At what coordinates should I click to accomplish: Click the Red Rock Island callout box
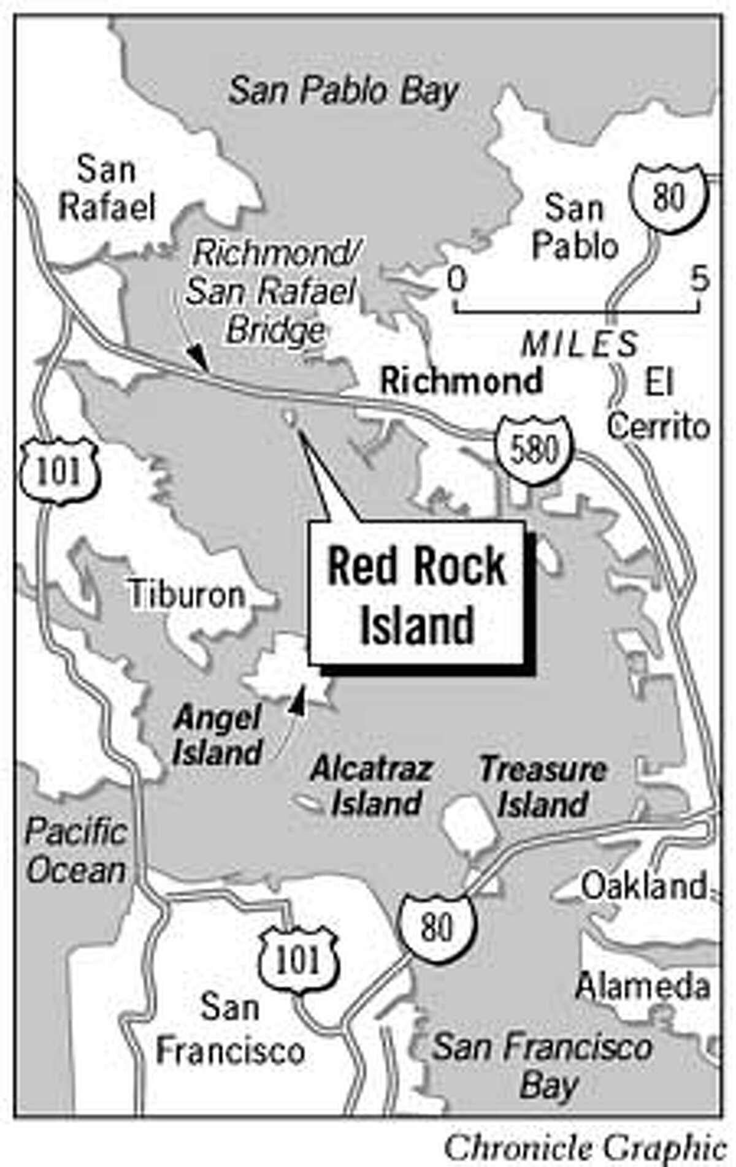point(416,593)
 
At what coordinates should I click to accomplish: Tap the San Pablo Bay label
point(343,92)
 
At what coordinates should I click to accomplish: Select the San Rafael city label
point(106,189)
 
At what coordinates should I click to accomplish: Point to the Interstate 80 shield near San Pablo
point(669,198)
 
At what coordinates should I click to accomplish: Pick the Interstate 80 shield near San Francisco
point(438,927)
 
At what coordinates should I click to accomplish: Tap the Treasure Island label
point(543,786)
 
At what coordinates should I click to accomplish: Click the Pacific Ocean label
point(76,851)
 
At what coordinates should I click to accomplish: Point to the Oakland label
point(644,886)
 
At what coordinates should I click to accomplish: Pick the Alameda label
point(643,986)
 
